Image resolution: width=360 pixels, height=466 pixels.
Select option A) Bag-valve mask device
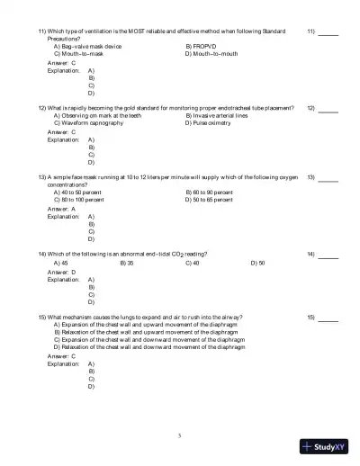coord(88,46)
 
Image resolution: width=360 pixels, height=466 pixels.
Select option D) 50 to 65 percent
coord(214,199)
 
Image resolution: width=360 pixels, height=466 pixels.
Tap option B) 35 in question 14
coord(127,263)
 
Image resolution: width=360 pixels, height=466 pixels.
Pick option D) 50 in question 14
coord(257,263)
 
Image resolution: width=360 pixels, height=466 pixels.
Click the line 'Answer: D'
coord(62,272)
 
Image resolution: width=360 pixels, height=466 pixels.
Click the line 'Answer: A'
coord(62,208)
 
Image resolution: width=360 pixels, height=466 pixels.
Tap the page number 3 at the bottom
coord(180,435)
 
